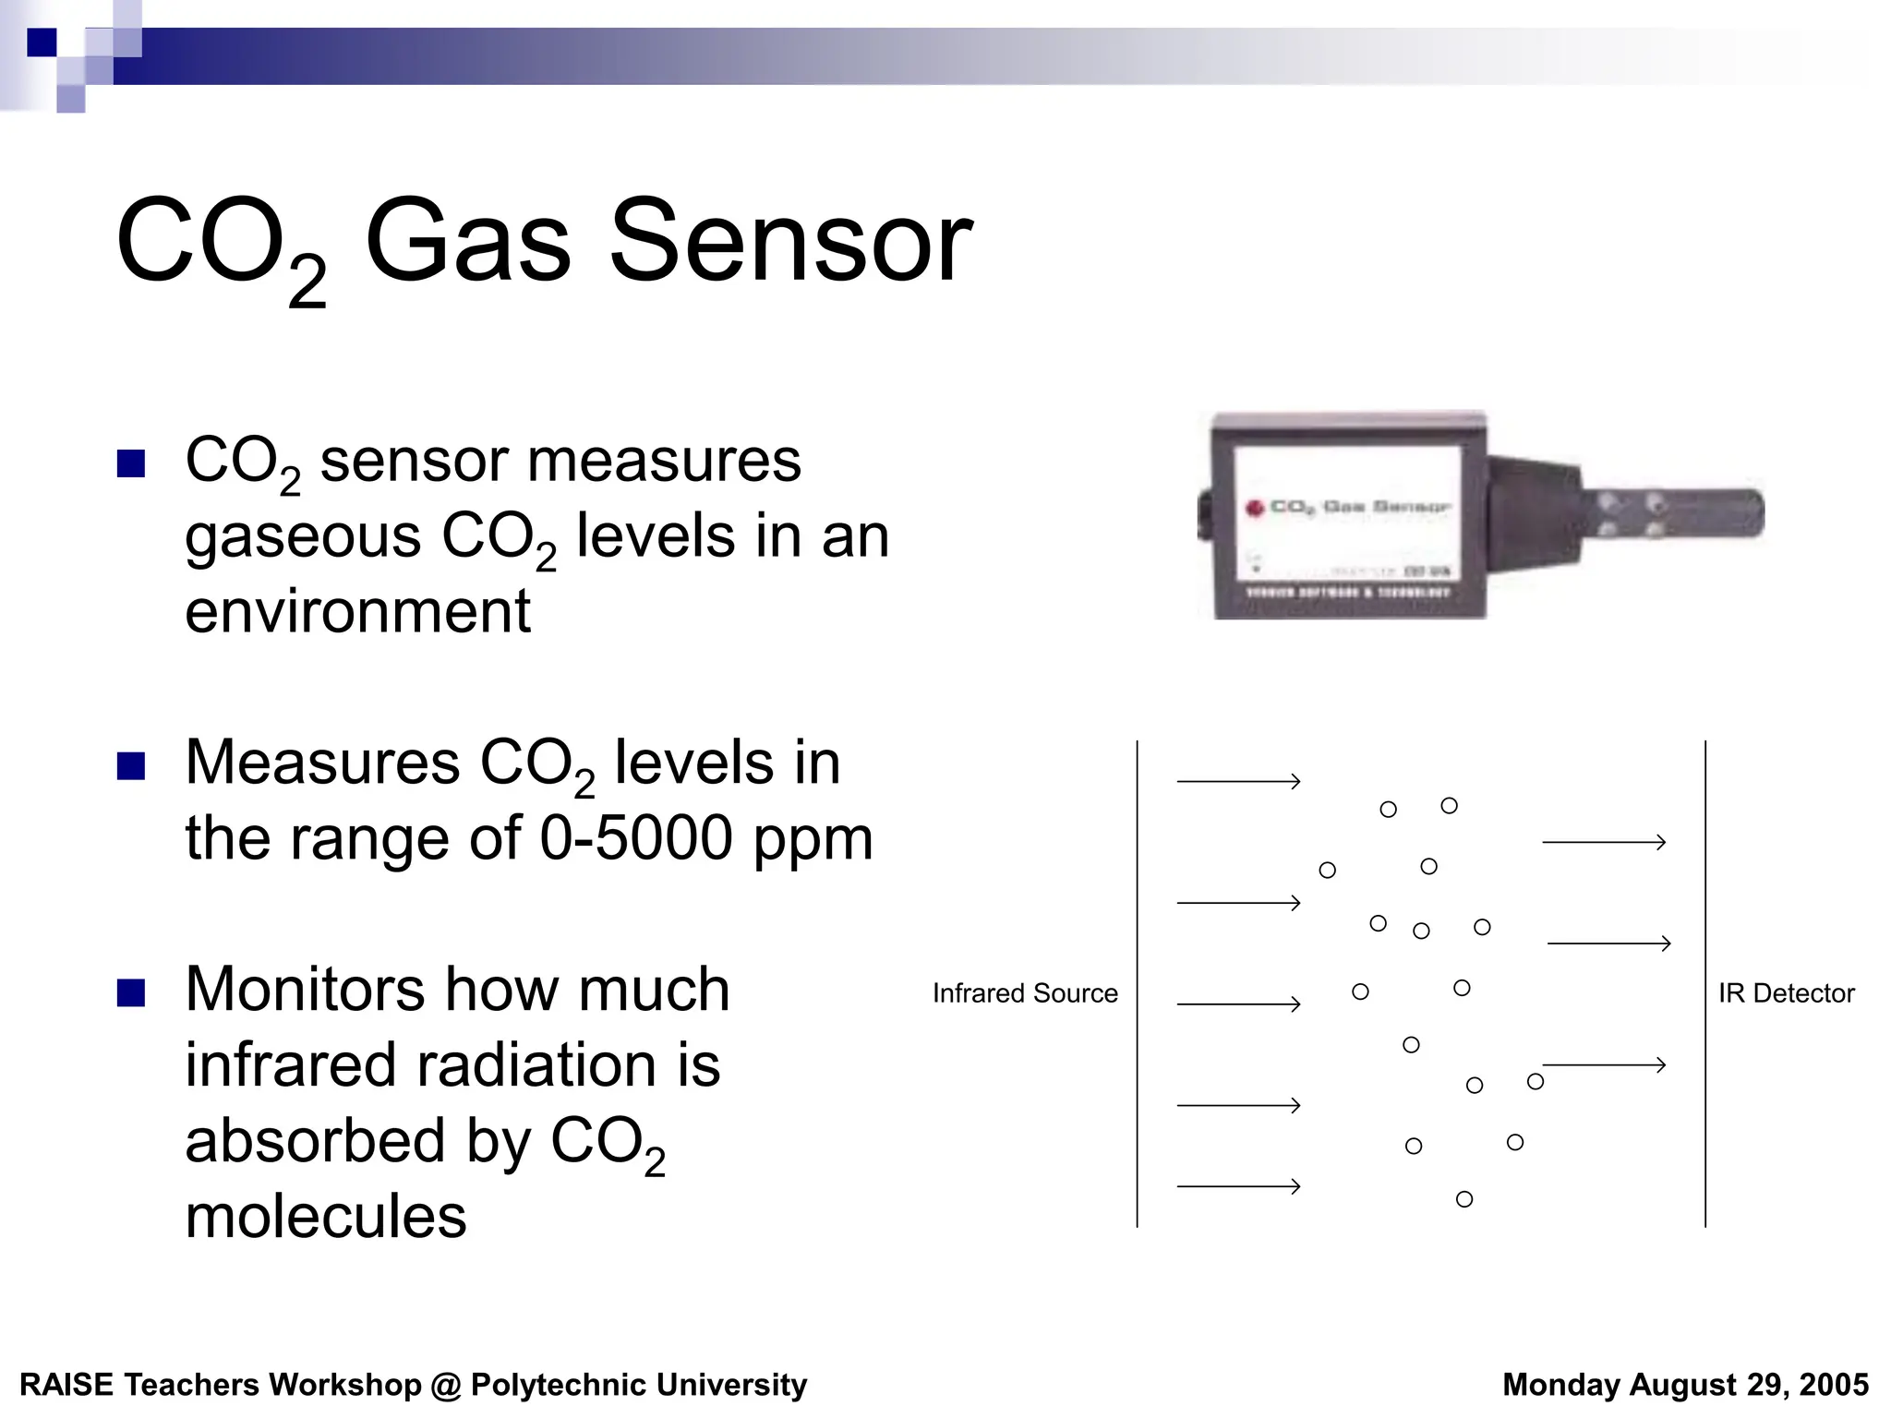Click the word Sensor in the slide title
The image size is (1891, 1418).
coord(790,242)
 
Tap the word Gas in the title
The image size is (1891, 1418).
coord(468,242)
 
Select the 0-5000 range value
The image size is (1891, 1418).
coord(635,838)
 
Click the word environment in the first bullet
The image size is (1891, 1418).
coord(357,611)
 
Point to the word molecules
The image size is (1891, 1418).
coord(326,1216)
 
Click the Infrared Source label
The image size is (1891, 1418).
coord(1025,993)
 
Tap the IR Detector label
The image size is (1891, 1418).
coord(1786,993)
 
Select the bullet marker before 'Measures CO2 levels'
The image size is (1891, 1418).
coord(131,766)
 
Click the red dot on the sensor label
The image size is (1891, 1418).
coord(1254,508)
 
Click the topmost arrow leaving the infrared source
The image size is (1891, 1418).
coord(1237,782)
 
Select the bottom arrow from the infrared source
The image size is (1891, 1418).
coord(1237,1186)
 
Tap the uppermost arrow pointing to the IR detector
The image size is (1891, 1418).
coord(1603,842)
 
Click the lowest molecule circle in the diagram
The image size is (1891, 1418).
coord(1464,1199)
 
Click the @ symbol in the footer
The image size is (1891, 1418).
coord(446,1386)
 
